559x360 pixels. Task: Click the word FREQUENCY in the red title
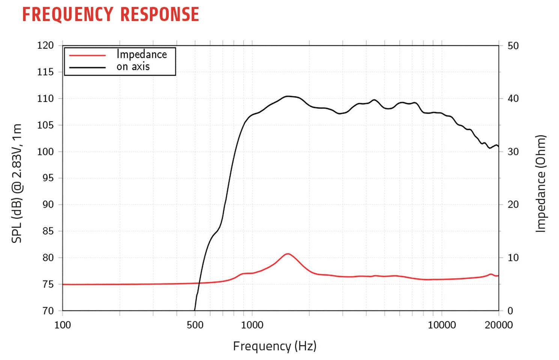tap(68, 15)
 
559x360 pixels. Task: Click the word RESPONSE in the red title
tap(160, 15)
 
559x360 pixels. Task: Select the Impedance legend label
tap(141, 54)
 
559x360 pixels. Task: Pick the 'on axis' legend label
tap(133, 67)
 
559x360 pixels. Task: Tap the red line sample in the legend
tap(87, 55)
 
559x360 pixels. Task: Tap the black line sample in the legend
tap(87, 67)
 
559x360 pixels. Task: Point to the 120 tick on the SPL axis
tap(45, 45)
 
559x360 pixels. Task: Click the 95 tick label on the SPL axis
tap(48, 178)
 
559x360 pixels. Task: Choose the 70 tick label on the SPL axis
tap(48, 311)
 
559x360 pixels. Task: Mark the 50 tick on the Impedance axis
tap(513, 46)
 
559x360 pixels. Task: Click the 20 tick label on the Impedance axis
tap(513, 205)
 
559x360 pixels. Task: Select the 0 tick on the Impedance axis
tap(510, 311)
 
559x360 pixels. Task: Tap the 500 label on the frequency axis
tap(195, 325)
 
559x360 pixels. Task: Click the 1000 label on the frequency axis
tap(252, 325)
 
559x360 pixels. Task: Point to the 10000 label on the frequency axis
tap(442, 325)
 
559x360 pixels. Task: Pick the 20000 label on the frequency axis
tap(499, 325)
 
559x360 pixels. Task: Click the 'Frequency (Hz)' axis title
tap(275, 346)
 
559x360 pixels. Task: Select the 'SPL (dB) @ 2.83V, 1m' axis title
tap(17, 183)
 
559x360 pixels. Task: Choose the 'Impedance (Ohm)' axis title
tap(540, 184)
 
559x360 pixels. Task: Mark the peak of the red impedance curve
tap(288, 254)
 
